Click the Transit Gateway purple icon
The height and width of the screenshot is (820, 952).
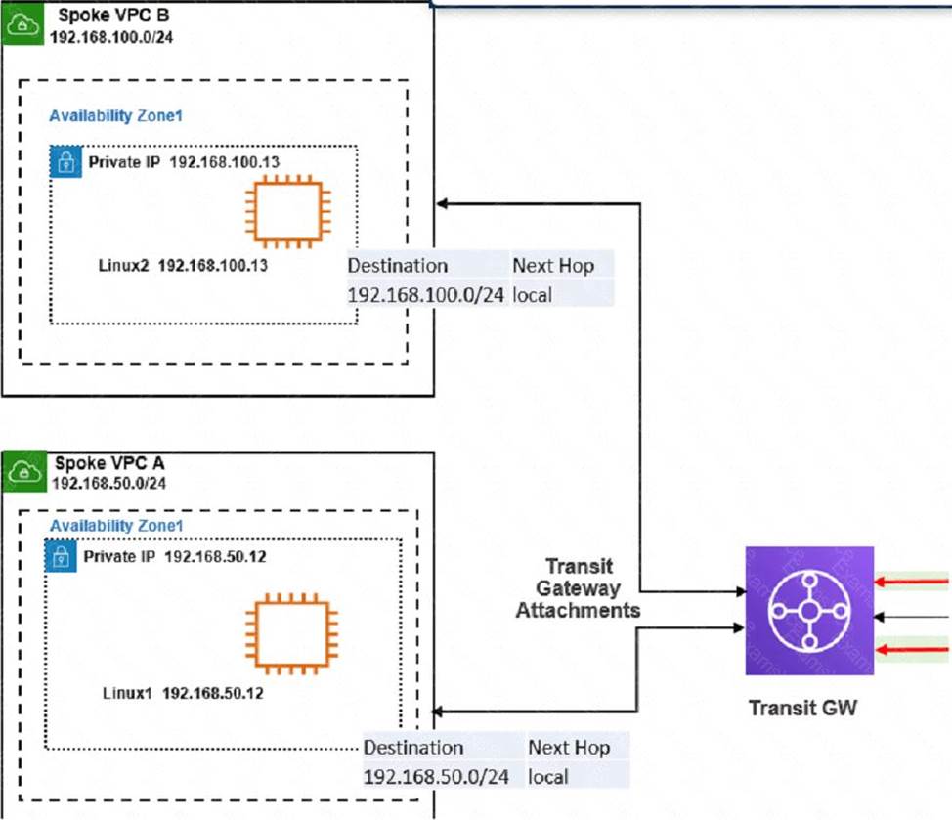click(809, 610)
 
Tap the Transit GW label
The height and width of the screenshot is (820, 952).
click(802, 707)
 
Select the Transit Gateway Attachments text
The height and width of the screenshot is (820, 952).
click(578, 588)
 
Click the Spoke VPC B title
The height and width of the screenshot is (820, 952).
click(97, 16)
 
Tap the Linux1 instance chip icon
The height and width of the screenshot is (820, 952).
click(290, 638)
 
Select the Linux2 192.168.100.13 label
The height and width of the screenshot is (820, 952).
click(184, 265)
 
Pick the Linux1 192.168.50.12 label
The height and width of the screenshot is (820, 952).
click(183, 693)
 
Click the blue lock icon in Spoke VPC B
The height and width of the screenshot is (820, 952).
click(65, 161)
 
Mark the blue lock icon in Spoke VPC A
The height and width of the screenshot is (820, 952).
click(61, 557)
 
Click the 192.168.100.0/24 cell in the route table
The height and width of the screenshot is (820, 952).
click(426, 293)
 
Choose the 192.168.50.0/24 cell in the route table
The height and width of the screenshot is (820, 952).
click(437, 776)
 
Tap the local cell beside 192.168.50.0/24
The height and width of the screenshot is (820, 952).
click(548, 776)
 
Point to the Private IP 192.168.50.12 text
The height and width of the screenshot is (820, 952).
click(175, 556)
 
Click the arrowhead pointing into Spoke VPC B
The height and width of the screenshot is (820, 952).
click(442, 203)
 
